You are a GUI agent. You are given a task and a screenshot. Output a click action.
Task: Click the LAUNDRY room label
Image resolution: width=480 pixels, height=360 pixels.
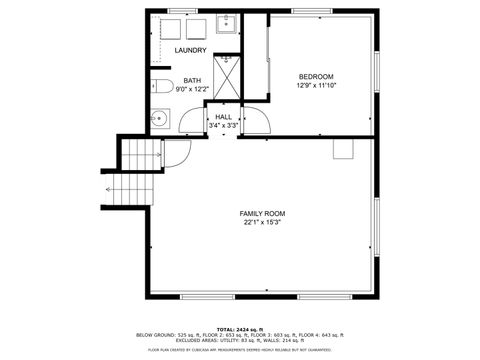coord(190,50)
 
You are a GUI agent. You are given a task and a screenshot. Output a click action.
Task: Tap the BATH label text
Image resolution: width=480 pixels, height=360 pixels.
coord(190,80)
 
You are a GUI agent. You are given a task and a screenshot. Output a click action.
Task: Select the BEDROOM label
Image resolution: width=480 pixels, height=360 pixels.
coord(316,76)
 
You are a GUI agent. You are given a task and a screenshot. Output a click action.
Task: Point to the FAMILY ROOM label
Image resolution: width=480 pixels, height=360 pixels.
coord(262,213)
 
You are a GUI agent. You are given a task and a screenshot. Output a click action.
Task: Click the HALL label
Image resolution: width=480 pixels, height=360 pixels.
coord(224,117)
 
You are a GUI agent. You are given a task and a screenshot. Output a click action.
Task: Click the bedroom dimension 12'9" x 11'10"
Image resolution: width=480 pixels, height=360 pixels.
coord(316,85)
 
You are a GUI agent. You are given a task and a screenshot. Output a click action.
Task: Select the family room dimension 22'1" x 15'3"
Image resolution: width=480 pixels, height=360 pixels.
coord(262,222)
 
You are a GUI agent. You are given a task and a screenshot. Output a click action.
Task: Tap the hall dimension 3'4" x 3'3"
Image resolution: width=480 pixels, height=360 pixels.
coord(224,126)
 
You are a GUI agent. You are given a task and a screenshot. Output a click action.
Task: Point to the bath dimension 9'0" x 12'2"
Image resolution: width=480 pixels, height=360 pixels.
coord(190,89)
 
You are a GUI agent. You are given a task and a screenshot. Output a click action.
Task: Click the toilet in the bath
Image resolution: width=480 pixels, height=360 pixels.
coord(162,87)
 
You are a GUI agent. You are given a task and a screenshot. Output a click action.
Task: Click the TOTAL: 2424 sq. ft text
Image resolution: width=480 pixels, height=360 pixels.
coord(240,328)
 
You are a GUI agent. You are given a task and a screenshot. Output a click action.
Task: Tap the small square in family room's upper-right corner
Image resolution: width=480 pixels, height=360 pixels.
coord(343,149)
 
